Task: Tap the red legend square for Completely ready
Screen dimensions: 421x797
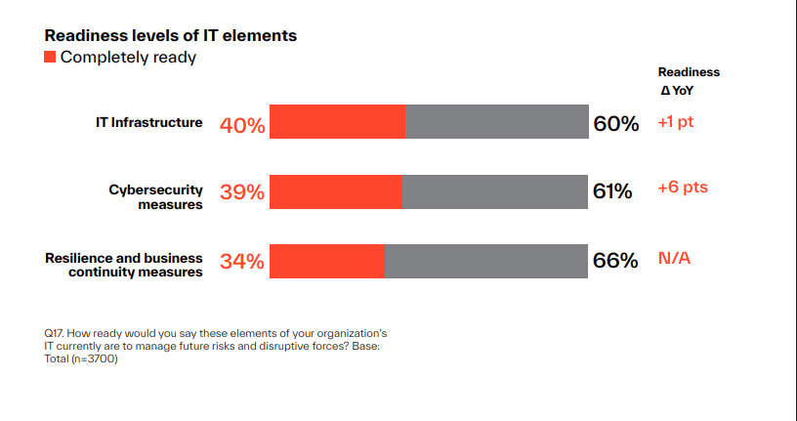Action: pos(50,58)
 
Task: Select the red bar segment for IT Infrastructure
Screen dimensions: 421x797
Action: pos(337,122)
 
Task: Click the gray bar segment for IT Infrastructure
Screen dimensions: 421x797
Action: pos(496,122)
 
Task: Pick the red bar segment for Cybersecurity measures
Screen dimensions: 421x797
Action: pos(335,191)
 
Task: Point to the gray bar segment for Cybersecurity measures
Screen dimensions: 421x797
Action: pos(494,191)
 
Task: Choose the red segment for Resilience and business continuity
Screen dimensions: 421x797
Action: pos(326,261)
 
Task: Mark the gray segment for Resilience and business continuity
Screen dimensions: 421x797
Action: pos(485,261)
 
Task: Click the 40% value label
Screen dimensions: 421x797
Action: pos(242,125)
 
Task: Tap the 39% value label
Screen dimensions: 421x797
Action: pos(242,192)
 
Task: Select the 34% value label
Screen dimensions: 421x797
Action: pos(242,262)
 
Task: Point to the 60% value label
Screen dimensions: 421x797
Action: pos(615,124)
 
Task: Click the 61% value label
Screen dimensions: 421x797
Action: pos(612,191)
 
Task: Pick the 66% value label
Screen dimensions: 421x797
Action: pos(615,261)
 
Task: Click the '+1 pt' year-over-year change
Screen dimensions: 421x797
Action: pos(681,123)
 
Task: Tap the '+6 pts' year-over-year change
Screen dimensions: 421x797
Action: pos(683,188)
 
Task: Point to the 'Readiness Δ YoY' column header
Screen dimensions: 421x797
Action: pos(688,81)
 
